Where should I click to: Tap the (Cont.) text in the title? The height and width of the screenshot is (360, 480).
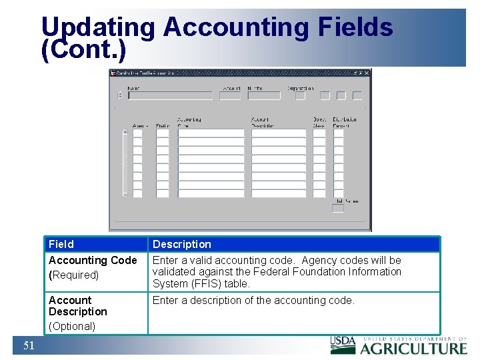tap(83, 51)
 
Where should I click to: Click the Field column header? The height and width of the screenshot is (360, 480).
tap(61, 244)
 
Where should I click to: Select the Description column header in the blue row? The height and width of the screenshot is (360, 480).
tap(182, 244)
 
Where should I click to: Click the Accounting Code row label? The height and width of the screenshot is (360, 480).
tap(93, 260)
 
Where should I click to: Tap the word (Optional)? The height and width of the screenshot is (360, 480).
tap(72, 326)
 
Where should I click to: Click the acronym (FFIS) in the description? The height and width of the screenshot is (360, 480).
tap(206, 283)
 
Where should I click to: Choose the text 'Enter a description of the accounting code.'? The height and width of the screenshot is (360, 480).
tap(253, 300)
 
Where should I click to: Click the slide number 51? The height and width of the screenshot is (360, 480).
tap(29, 345)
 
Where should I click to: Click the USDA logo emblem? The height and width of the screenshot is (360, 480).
tap(343, 343)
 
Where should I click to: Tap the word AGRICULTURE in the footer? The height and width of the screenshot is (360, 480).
tap(414, 348)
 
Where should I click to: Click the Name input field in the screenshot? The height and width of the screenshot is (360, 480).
tap(170, 95)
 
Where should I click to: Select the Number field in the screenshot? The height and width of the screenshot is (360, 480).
tap(264, 95)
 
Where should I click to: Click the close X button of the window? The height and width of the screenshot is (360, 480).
tap(367, 73)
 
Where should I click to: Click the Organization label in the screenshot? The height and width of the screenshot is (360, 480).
tap(300, 88)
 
